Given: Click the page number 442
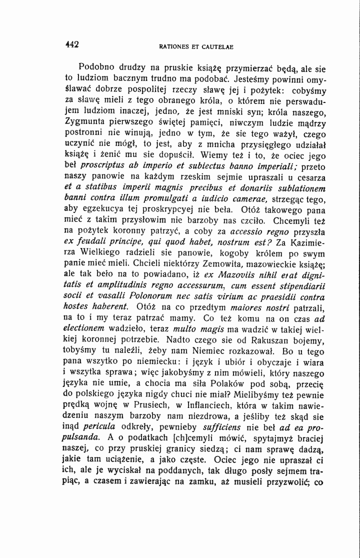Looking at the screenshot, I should (72, 44).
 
